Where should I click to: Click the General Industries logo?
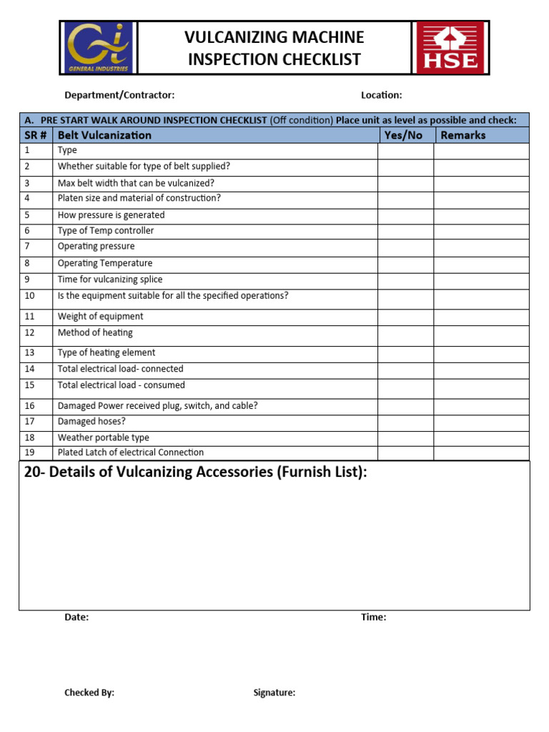point(98,48)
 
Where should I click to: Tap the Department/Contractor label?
point(119,95)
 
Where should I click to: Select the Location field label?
point(381,95)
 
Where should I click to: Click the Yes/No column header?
point(403,135)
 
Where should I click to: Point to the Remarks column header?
point(463,135)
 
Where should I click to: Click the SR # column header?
point(35,135)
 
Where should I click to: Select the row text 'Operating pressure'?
point(96,247)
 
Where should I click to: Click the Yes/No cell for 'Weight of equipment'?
point(405,317)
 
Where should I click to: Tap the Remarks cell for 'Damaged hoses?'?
point(481,422)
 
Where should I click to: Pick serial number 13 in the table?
point(29,353)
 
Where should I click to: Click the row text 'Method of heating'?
point(95,333)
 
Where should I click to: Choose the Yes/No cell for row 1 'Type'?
point(405,151)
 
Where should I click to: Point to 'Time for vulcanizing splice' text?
point(110,280)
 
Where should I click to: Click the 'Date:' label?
point(76,618)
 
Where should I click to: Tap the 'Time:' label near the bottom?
point(373,618)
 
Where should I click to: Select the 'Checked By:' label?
point(89,693)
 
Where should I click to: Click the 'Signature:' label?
point(274,693)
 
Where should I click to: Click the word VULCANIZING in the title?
point(234,37)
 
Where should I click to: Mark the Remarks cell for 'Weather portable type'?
point(481,437)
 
